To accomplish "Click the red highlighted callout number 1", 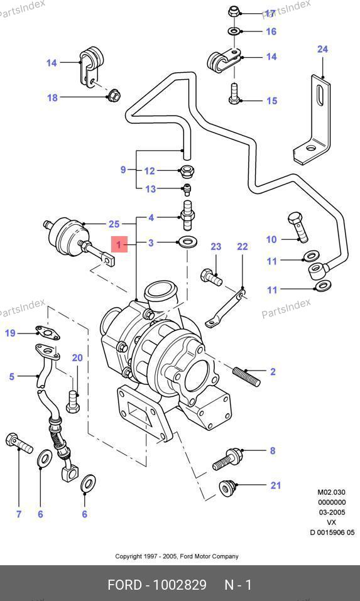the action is [119, 244].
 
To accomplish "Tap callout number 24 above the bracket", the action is [322, 49].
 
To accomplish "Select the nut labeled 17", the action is [234, 11].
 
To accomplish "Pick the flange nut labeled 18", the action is [113, 95].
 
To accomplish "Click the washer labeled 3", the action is [187, 242].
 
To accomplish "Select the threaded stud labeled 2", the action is [246, 376].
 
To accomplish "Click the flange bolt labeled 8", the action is [227, 460].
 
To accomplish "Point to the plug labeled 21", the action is [227, 489].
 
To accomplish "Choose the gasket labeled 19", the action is [48, 333].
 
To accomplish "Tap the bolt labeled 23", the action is [211, 278].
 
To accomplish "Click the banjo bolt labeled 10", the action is [298, 228].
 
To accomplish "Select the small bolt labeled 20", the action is [72, 402].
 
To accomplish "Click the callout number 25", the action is [114, 224].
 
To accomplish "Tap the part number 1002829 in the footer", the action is [180, 585].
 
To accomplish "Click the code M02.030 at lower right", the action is [331, 492].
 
